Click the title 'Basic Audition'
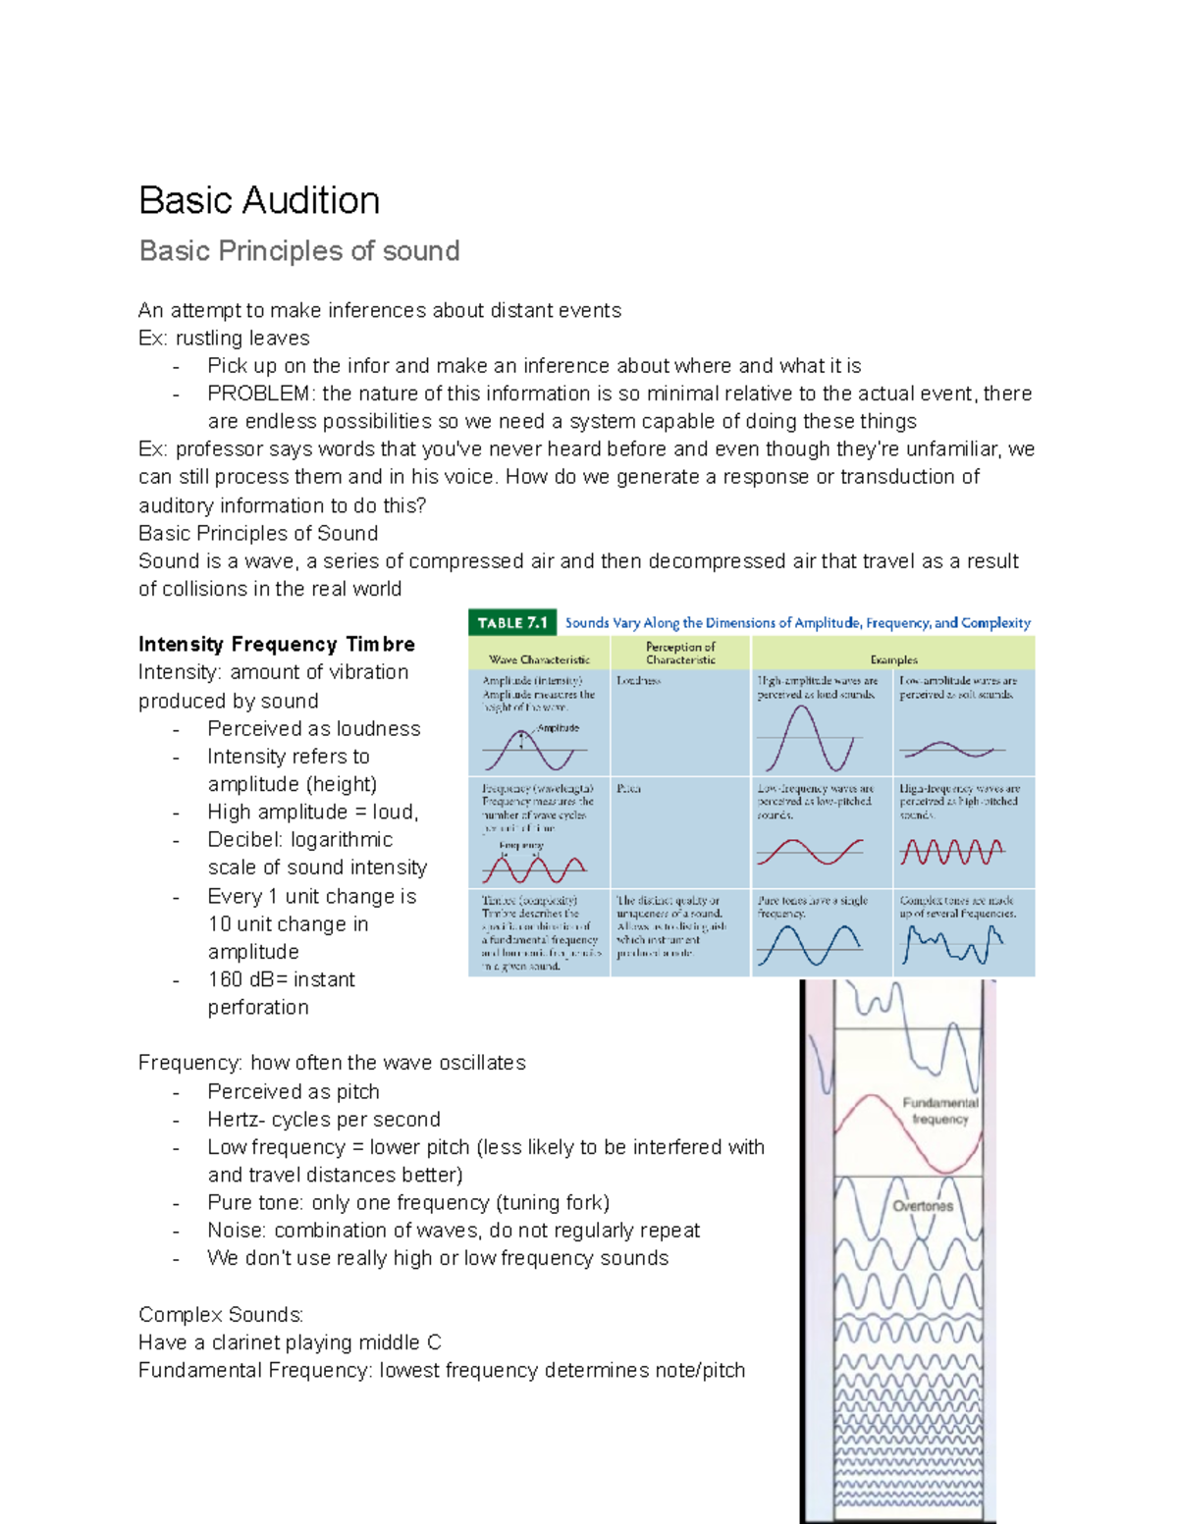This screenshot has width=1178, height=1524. [259, 200]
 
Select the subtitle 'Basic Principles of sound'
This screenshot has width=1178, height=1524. [299, 251]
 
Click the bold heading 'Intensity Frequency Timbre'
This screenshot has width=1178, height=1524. [277, 645]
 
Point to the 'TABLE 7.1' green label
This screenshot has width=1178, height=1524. [512, 623]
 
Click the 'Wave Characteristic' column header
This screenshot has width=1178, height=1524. [539, 659]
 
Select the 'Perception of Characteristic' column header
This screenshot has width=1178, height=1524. [680, 653]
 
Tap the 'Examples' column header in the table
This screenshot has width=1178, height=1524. [893, 659]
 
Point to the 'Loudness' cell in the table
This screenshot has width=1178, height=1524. [638, 680]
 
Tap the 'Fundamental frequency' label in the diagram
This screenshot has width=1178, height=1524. [939, 1110]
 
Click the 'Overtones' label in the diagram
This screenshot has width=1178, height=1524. [923, 1206]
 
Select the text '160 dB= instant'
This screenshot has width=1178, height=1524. [282, 979]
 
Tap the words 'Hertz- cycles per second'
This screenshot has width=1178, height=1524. [324, 1120]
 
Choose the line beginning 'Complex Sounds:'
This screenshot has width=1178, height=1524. [221, 1315]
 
